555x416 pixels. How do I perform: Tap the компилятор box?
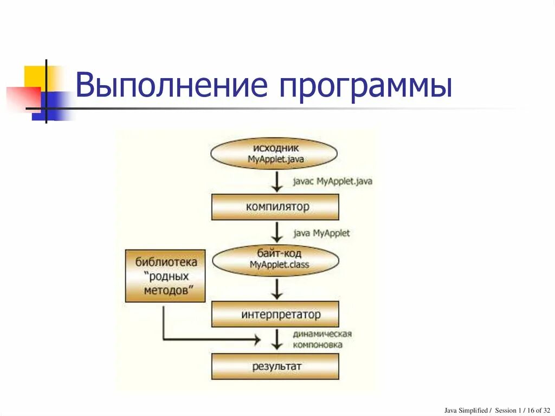coord(275,207)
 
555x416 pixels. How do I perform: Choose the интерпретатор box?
coord(275,314)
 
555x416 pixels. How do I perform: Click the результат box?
coord(275,367)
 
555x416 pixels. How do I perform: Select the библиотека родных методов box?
coord(166,276)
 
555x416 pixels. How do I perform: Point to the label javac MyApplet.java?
coord(333,181)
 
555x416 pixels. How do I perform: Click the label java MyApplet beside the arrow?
coord(322,233)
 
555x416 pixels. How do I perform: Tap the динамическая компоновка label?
coord(322,339)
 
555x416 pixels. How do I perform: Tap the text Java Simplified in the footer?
coord(466,410)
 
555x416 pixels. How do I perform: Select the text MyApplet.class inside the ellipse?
coord(279,265)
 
